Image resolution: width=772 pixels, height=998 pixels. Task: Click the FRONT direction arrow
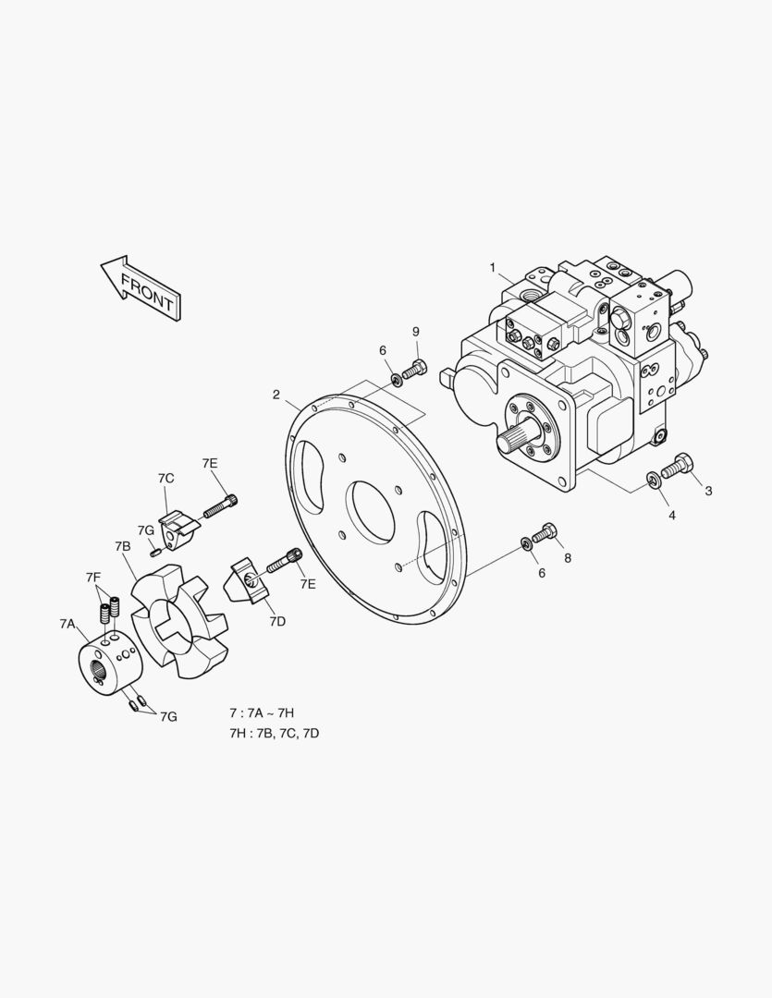pyautogui.click(x=141, y=288)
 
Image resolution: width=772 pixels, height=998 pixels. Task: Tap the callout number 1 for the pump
pyautogui.click(x=493, y=268)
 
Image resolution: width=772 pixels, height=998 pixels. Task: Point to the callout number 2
pyautogui.click(x=276, y=395)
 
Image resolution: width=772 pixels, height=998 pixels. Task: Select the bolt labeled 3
pyautogui.click(x=678, y=466)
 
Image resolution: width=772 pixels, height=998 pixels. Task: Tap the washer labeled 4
pyautogui.click(x=653, y=479)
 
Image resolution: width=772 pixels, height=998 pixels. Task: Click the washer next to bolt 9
pyautogui.click(x=395, y=378)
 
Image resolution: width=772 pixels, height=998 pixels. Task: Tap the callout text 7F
pyautogui.click(x=93, y=577)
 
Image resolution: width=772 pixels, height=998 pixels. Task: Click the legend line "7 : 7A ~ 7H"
pyautogui.click(x=262, y=713)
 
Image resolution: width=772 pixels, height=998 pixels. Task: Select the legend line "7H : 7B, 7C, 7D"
pyautogui.click(x=274, y=733)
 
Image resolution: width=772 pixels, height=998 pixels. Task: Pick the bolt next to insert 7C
pyautogui.click(x=221, y=506)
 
